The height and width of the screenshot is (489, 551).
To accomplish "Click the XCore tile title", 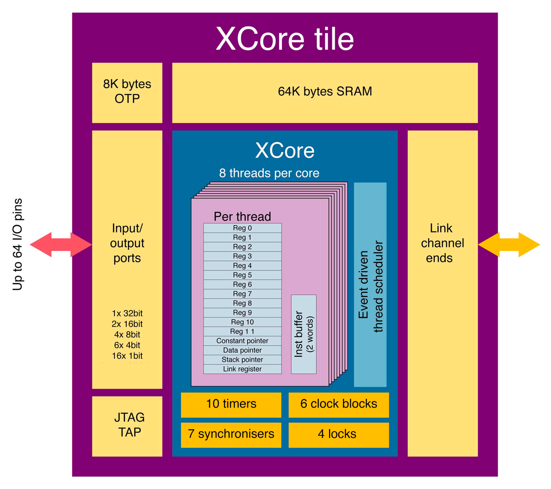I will [285, 39].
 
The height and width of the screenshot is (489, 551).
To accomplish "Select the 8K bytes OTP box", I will [127, 92].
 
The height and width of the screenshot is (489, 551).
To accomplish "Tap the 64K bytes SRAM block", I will [325, 92].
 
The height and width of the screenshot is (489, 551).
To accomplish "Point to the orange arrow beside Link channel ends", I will [509, 244].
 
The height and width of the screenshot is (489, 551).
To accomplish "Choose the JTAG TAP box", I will [127, 426].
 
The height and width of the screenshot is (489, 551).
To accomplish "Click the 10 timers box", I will [231, 404].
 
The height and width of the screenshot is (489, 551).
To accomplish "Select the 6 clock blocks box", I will [338, 404].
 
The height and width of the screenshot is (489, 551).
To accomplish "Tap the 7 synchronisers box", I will [231, 434].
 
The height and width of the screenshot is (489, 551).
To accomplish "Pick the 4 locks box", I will [338, 434].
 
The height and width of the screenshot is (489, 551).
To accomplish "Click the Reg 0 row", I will [242, 228].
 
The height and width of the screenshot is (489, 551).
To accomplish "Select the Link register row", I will [242, 369].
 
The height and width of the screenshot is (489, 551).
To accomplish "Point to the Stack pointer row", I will [242, 359].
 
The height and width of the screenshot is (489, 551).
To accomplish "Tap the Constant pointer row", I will [242, 341].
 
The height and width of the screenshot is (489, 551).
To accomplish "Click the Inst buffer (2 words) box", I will [304, 334].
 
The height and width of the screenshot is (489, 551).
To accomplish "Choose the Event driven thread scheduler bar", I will [370, 285].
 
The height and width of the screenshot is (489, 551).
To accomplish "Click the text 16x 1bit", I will [127, 356].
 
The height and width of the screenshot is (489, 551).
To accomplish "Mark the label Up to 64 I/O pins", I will [17, 244].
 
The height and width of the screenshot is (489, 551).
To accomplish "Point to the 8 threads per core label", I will [269, 173].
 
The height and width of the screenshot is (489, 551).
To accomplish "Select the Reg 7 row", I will [242, 294].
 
